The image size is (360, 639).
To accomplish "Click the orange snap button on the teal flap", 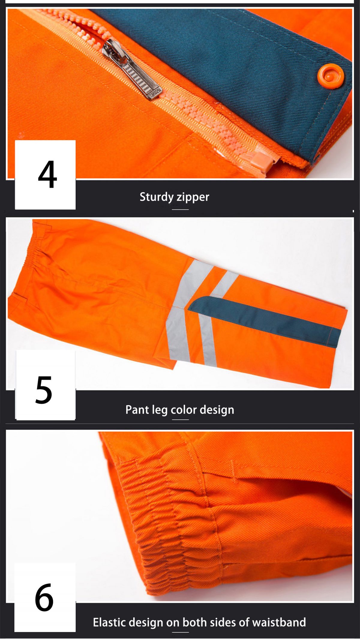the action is click(330, 76).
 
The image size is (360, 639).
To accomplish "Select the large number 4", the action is click(47, 174).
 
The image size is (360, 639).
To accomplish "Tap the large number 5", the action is click(44, 389).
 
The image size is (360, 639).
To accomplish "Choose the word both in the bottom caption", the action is click(194, 622).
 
